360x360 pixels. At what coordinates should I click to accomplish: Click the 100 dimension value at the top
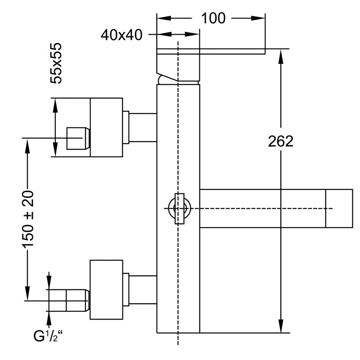213,18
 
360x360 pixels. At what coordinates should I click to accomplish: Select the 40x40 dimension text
121,35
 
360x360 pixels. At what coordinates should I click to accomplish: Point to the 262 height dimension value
280,141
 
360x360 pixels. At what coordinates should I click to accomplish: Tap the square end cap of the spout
339,208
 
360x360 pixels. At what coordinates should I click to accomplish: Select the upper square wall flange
106,127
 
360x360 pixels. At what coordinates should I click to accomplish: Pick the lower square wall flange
106,289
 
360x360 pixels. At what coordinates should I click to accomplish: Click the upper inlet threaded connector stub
77,138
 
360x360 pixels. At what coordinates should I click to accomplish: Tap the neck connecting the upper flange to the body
143,127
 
